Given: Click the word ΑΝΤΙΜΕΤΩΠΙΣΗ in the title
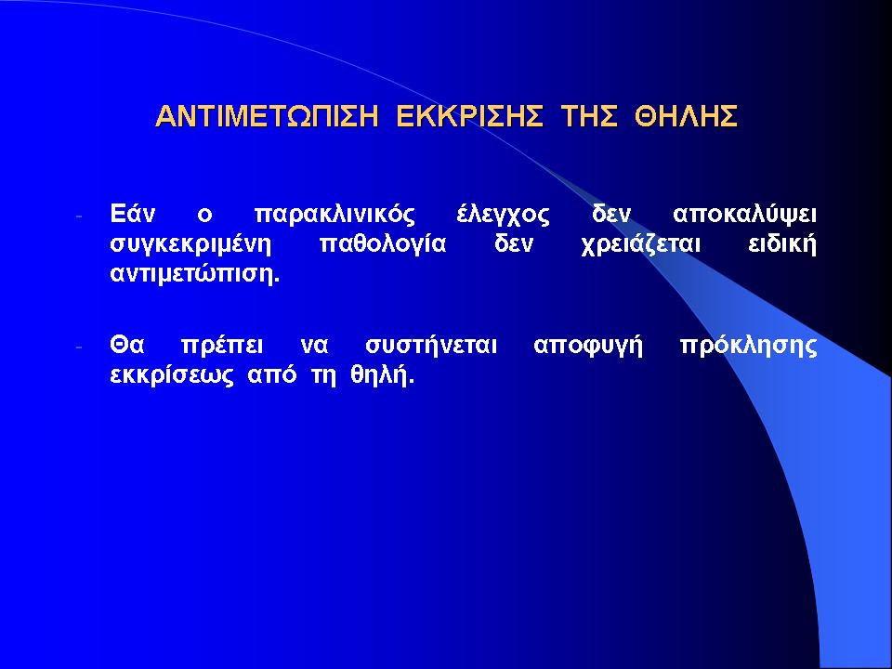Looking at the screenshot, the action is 267,116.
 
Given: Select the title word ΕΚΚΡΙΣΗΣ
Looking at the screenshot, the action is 469,116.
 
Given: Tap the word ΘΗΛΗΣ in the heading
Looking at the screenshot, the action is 687,116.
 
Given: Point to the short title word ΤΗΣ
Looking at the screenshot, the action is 589,116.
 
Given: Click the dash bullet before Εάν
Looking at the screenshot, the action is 79,216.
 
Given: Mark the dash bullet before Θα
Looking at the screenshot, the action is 79,347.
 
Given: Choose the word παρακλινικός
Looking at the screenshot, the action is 334,216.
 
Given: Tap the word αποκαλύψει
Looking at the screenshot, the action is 744,216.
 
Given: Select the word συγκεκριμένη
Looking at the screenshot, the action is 190,245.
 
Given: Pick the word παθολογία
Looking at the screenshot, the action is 383,245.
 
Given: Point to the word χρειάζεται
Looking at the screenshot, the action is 640,245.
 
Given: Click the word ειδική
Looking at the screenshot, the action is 782,245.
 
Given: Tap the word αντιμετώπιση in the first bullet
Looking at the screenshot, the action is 194,274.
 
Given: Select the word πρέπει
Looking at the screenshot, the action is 222,347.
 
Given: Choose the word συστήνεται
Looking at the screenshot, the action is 430,347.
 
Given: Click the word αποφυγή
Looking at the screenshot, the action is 588,347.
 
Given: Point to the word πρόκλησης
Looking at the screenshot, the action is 748,347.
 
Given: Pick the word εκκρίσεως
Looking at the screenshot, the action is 171,376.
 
